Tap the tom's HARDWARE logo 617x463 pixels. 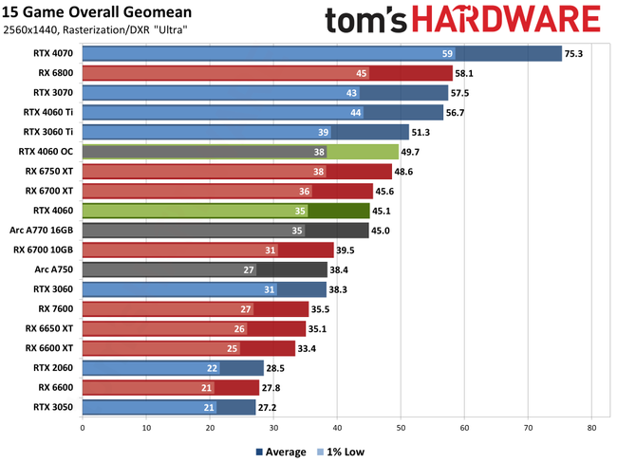(462, 21)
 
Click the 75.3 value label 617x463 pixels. (573, 54)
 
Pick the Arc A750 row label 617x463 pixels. (55, 269)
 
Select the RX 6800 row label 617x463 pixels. (55, 73)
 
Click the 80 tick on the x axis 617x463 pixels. (590, 428)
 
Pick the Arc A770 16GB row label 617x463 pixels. (46, 230)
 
